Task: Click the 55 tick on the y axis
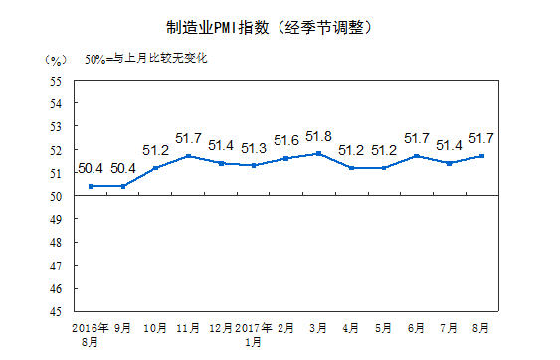pyautogui.click(x=57, y=81)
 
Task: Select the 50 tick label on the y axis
pyautogui.click(x=57, y=196)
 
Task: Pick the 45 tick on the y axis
pyautogui.click(x=57, y=311)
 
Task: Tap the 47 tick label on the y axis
pyautogui.click(x=57, y=266)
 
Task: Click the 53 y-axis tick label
pyautogui.click(x=57, y=126)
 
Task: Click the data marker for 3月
pyautogui.click(x=318, y=153)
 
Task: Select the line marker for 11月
pyautogui.click(x=188, y=156)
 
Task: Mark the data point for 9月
pyautogui.click(x=123, y=186)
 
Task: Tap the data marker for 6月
pyautogui.click(x=416, y=156)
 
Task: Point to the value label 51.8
pyautogui.click(x=318, y=136)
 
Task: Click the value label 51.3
pyautogui.click(x=253, y=148)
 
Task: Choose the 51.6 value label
pyautogui.click(x=286, y=140)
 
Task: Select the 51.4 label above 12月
pyautogui.click(x=221, y=145)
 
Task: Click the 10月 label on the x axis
pyautogui.click(x=155, y=326)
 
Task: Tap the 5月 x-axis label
pyautogui.click(x=383, y=326)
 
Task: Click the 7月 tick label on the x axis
pyautogui.click(x=449, y=326)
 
